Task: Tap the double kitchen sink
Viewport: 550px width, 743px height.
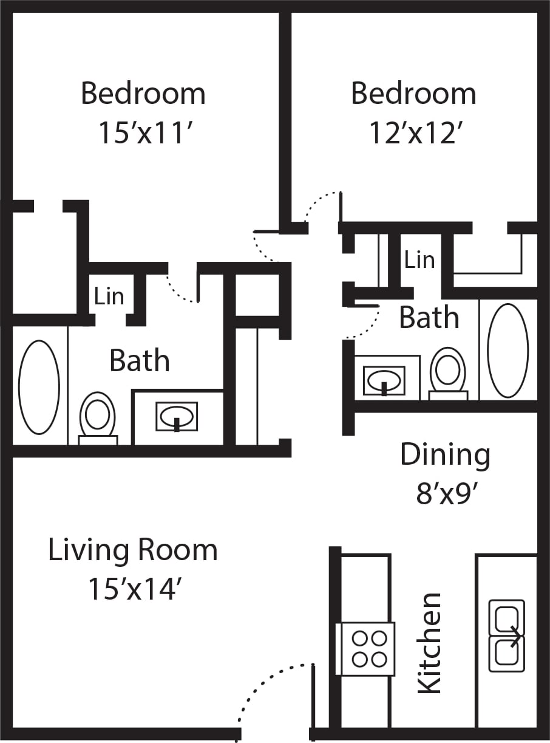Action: (507, 635)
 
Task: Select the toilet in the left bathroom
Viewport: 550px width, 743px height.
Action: (97, 418)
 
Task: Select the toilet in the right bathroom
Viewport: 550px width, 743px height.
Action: (448, 373)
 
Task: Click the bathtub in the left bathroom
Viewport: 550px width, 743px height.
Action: (39, 387)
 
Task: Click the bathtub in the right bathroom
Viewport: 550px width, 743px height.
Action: (508, 351)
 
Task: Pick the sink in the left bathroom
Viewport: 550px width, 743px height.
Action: (176, 417)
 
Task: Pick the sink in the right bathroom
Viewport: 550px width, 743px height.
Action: (384, 380)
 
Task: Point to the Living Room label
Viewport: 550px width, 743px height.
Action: (132, 550)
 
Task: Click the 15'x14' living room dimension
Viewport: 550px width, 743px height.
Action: (135, 589)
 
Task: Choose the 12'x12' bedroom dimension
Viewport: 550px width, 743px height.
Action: (413, 133)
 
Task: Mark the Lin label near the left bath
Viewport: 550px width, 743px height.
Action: (109, 296)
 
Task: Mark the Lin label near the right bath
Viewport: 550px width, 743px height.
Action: (419, 260)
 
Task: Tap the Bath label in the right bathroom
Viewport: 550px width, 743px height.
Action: (429, 318)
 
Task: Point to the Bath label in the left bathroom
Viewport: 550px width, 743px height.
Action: (139, 361)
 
